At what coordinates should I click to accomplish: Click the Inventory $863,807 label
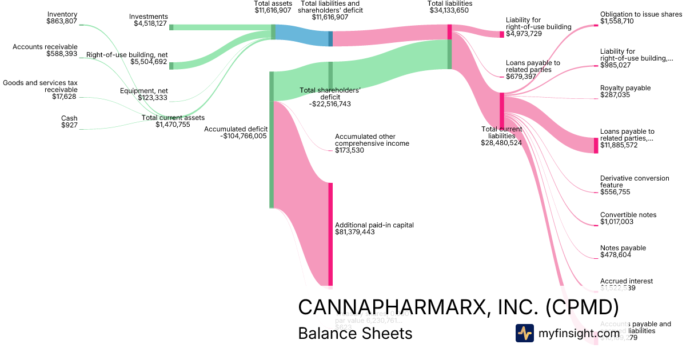(62, 18)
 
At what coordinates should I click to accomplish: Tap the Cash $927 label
(69, 122)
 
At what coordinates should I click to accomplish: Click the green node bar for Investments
(171, 27)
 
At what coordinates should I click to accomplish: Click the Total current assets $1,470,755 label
(173, 121)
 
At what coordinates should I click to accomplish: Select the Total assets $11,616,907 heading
(273, 7)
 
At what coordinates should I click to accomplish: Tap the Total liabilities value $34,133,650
(450, 10)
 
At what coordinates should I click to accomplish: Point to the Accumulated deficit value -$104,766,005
(244, 136)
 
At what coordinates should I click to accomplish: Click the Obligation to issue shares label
(641, 14)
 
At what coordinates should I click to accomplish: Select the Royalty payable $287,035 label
(625, 92)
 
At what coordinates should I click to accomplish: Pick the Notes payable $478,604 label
(623, 251)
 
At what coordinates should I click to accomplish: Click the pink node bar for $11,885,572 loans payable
(596, 145)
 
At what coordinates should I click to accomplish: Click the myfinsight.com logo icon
(524, 333)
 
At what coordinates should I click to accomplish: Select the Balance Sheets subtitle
(355, 333)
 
